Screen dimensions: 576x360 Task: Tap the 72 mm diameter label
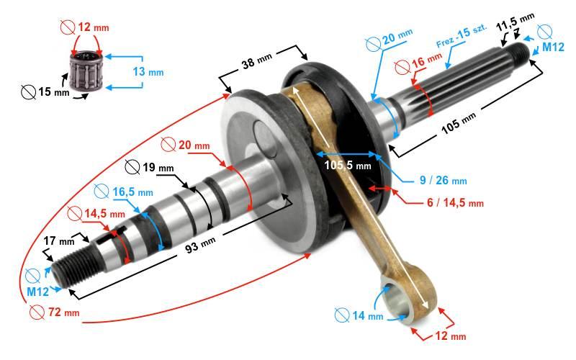tap(55, 312)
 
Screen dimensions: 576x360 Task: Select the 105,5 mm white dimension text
tap(348, 166)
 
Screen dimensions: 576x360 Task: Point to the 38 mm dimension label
tap(257, 60)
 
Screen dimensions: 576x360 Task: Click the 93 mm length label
tap(200, 245)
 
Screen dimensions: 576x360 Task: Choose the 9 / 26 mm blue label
tap(443, 181)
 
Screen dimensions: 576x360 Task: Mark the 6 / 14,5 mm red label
tap(455, 202)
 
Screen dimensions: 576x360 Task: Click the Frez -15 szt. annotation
tap(462, 35)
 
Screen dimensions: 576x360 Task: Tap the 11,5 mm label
tap(515, 22)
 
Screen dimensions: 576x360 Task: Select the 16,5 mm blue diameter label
tap(124, 192)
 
